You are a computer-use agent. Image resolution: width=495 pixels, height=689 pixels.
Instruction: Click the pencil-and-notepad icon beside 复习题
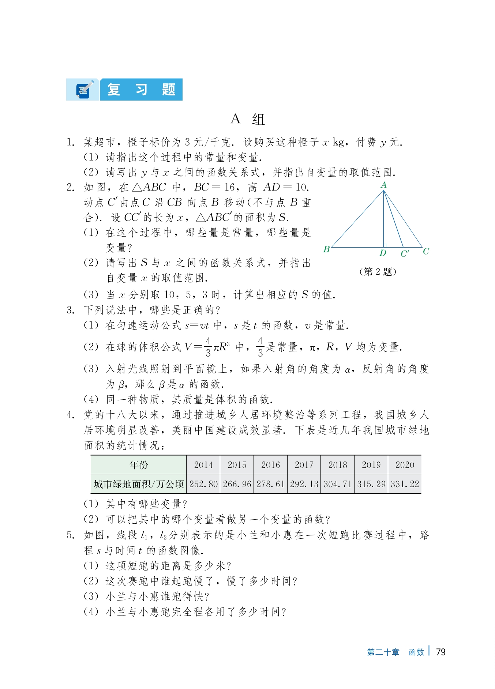point(83,90)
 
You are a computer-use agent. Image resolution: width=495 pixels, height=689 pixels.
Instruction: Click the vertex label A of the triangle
point(383,185)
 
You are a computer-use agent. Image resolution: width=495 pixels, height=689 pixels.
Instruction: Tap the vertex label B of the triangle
point(326,249)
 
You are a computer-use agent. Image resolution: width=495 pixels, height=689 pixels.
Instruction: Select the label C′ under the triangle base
point(405,253)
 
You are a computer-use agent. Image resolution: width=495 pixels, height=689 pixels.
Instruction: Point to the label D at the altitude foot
point(383,253)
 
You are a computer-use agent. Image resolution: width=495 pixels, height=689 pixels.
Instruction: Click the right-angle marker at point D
point(385,245)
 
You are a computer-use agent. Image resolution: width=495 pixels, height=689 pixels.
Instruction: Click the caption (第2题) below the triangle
point(378,272)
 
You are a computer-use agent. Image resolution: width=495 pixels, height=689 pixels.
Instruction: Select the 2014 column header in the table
point(203,465)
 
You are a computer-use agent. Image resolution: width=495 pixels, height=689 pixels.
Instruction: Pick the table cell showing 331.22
point(405,484)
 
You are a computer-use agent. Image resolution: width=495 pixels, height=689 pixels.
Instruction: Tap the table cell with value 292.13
point(304,484)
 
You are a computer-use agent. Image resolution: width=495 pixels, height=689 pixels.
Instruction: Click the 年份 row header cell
point(139,465)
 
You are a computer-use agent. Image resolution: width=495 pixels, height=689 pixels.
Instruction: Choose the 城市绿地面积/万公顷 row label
point(139,484)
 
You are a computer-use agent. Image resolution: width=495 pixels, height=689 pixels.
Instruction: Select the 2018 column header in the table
point(337,465)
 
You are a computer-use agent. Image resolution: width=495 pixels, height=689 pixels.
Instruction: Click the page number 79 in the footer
point(441,652)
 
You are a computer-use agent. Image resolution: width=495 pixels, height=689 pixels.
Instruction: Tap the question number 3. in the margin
point(71,310)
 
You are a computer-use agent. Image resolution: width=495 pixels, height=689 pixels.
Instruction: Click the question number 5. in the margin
point(71,535)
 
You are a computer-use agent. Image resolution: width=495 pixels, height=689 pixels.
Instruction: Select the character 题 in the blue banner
point(168,90)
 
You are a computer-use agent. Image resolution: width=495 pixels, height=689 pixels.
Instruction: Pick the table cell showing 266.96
point(237,484)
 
